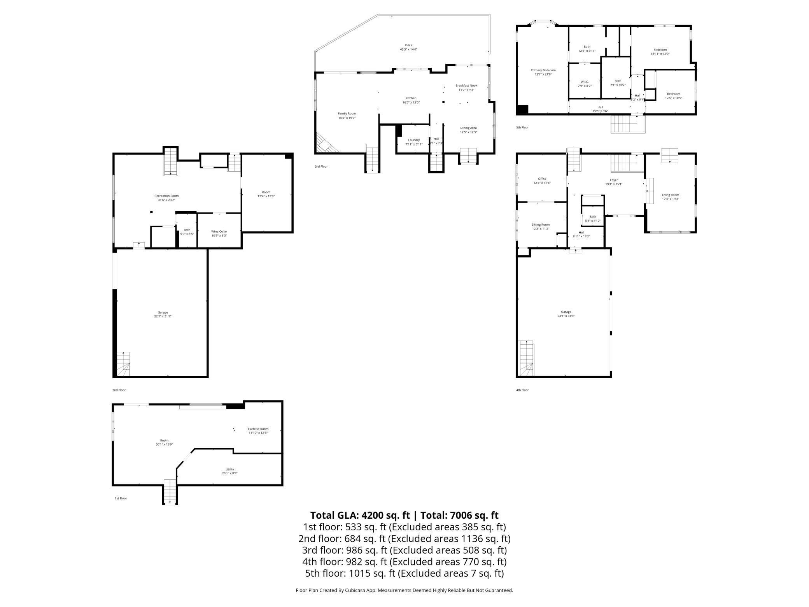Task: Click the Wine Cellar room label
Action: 219,232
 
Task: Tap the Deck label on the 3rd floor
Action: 408,45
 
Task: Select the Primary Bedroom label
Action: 543,70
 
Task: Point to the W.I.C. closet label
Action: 585,82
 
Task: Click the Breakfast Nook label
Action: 466,86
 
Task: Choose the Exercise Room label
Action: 258,429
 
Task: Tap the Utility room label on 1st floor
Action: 229,469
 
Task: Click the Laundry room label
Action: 414,140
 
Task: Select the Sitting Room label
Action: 541,225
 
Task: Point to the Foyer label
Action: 614,180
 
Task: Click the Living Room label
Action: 671,195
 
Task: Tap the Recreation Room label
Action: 166,196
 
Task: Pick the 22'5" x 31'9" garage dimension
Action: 163,316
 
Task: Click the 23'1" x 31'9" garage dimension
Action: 566,316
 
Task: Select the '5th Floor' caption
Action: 522,127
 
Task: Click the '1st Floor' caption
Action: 121,498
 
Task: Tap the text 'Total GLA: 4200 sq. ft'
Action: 360,515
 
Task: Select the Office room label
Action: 542,179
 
